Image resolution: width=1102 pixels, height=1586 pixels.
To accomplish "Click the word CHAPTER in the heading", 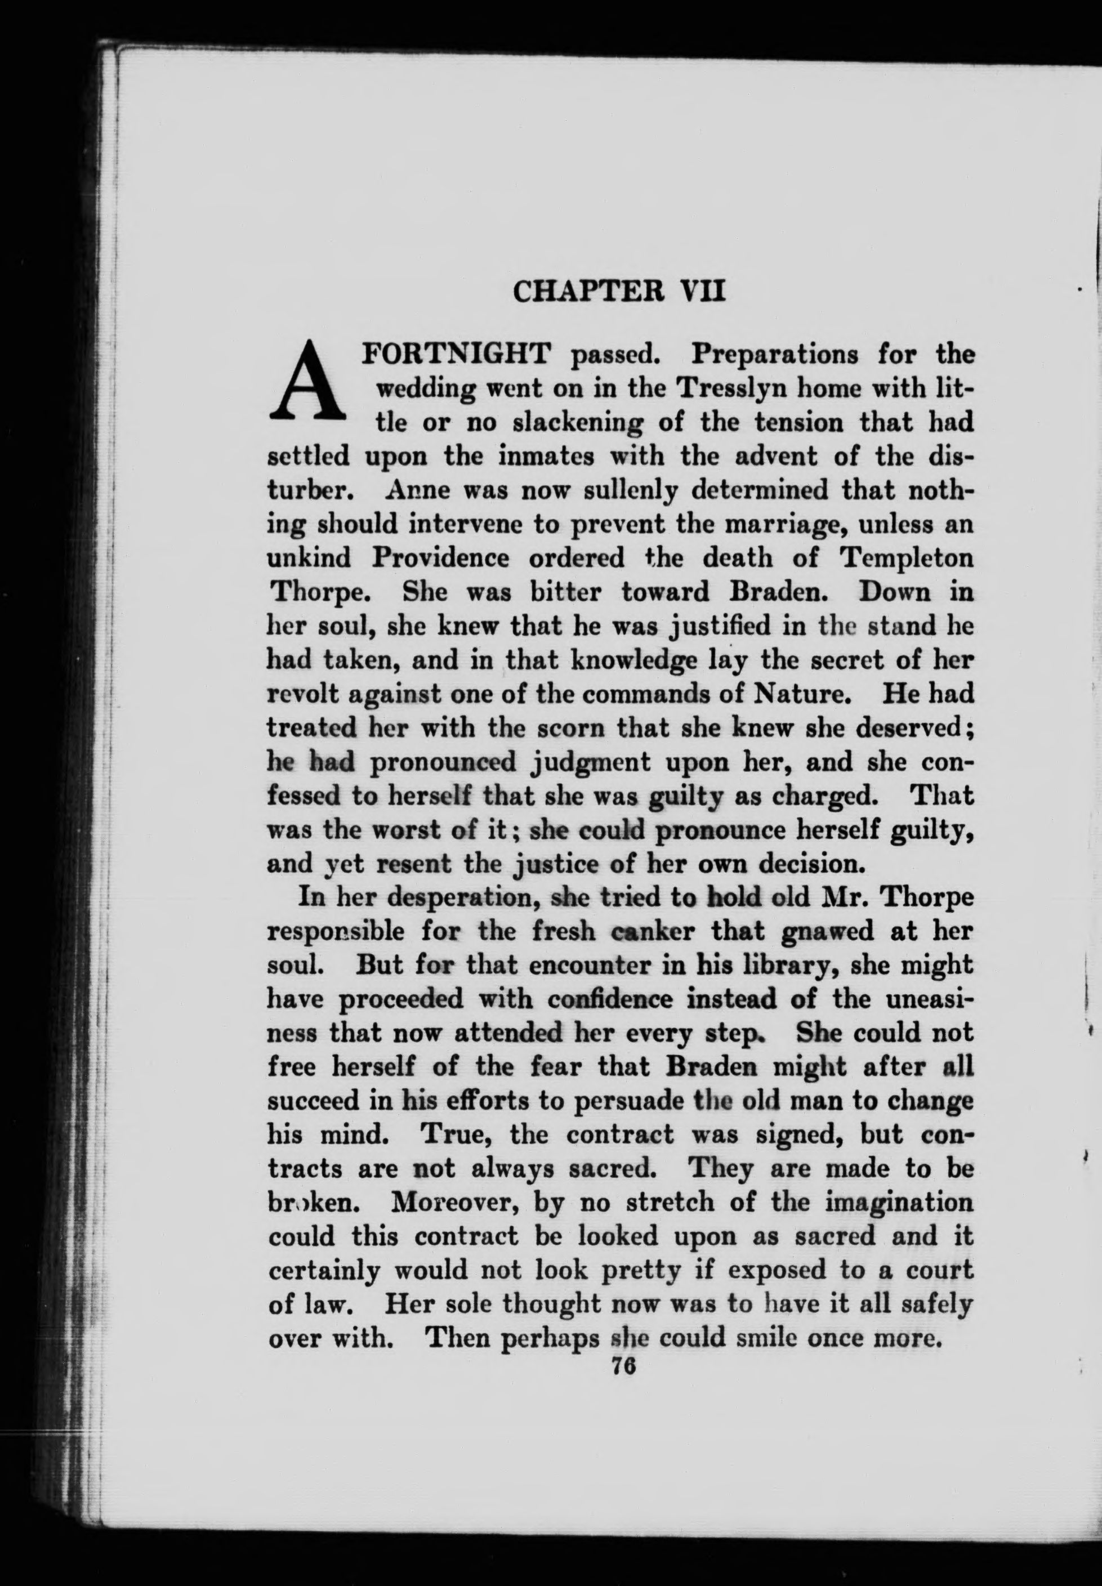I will click(x=590, y=291).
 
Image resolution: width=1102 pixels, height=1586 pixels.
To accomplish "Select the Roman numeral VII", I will click(x=703, y=291).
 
